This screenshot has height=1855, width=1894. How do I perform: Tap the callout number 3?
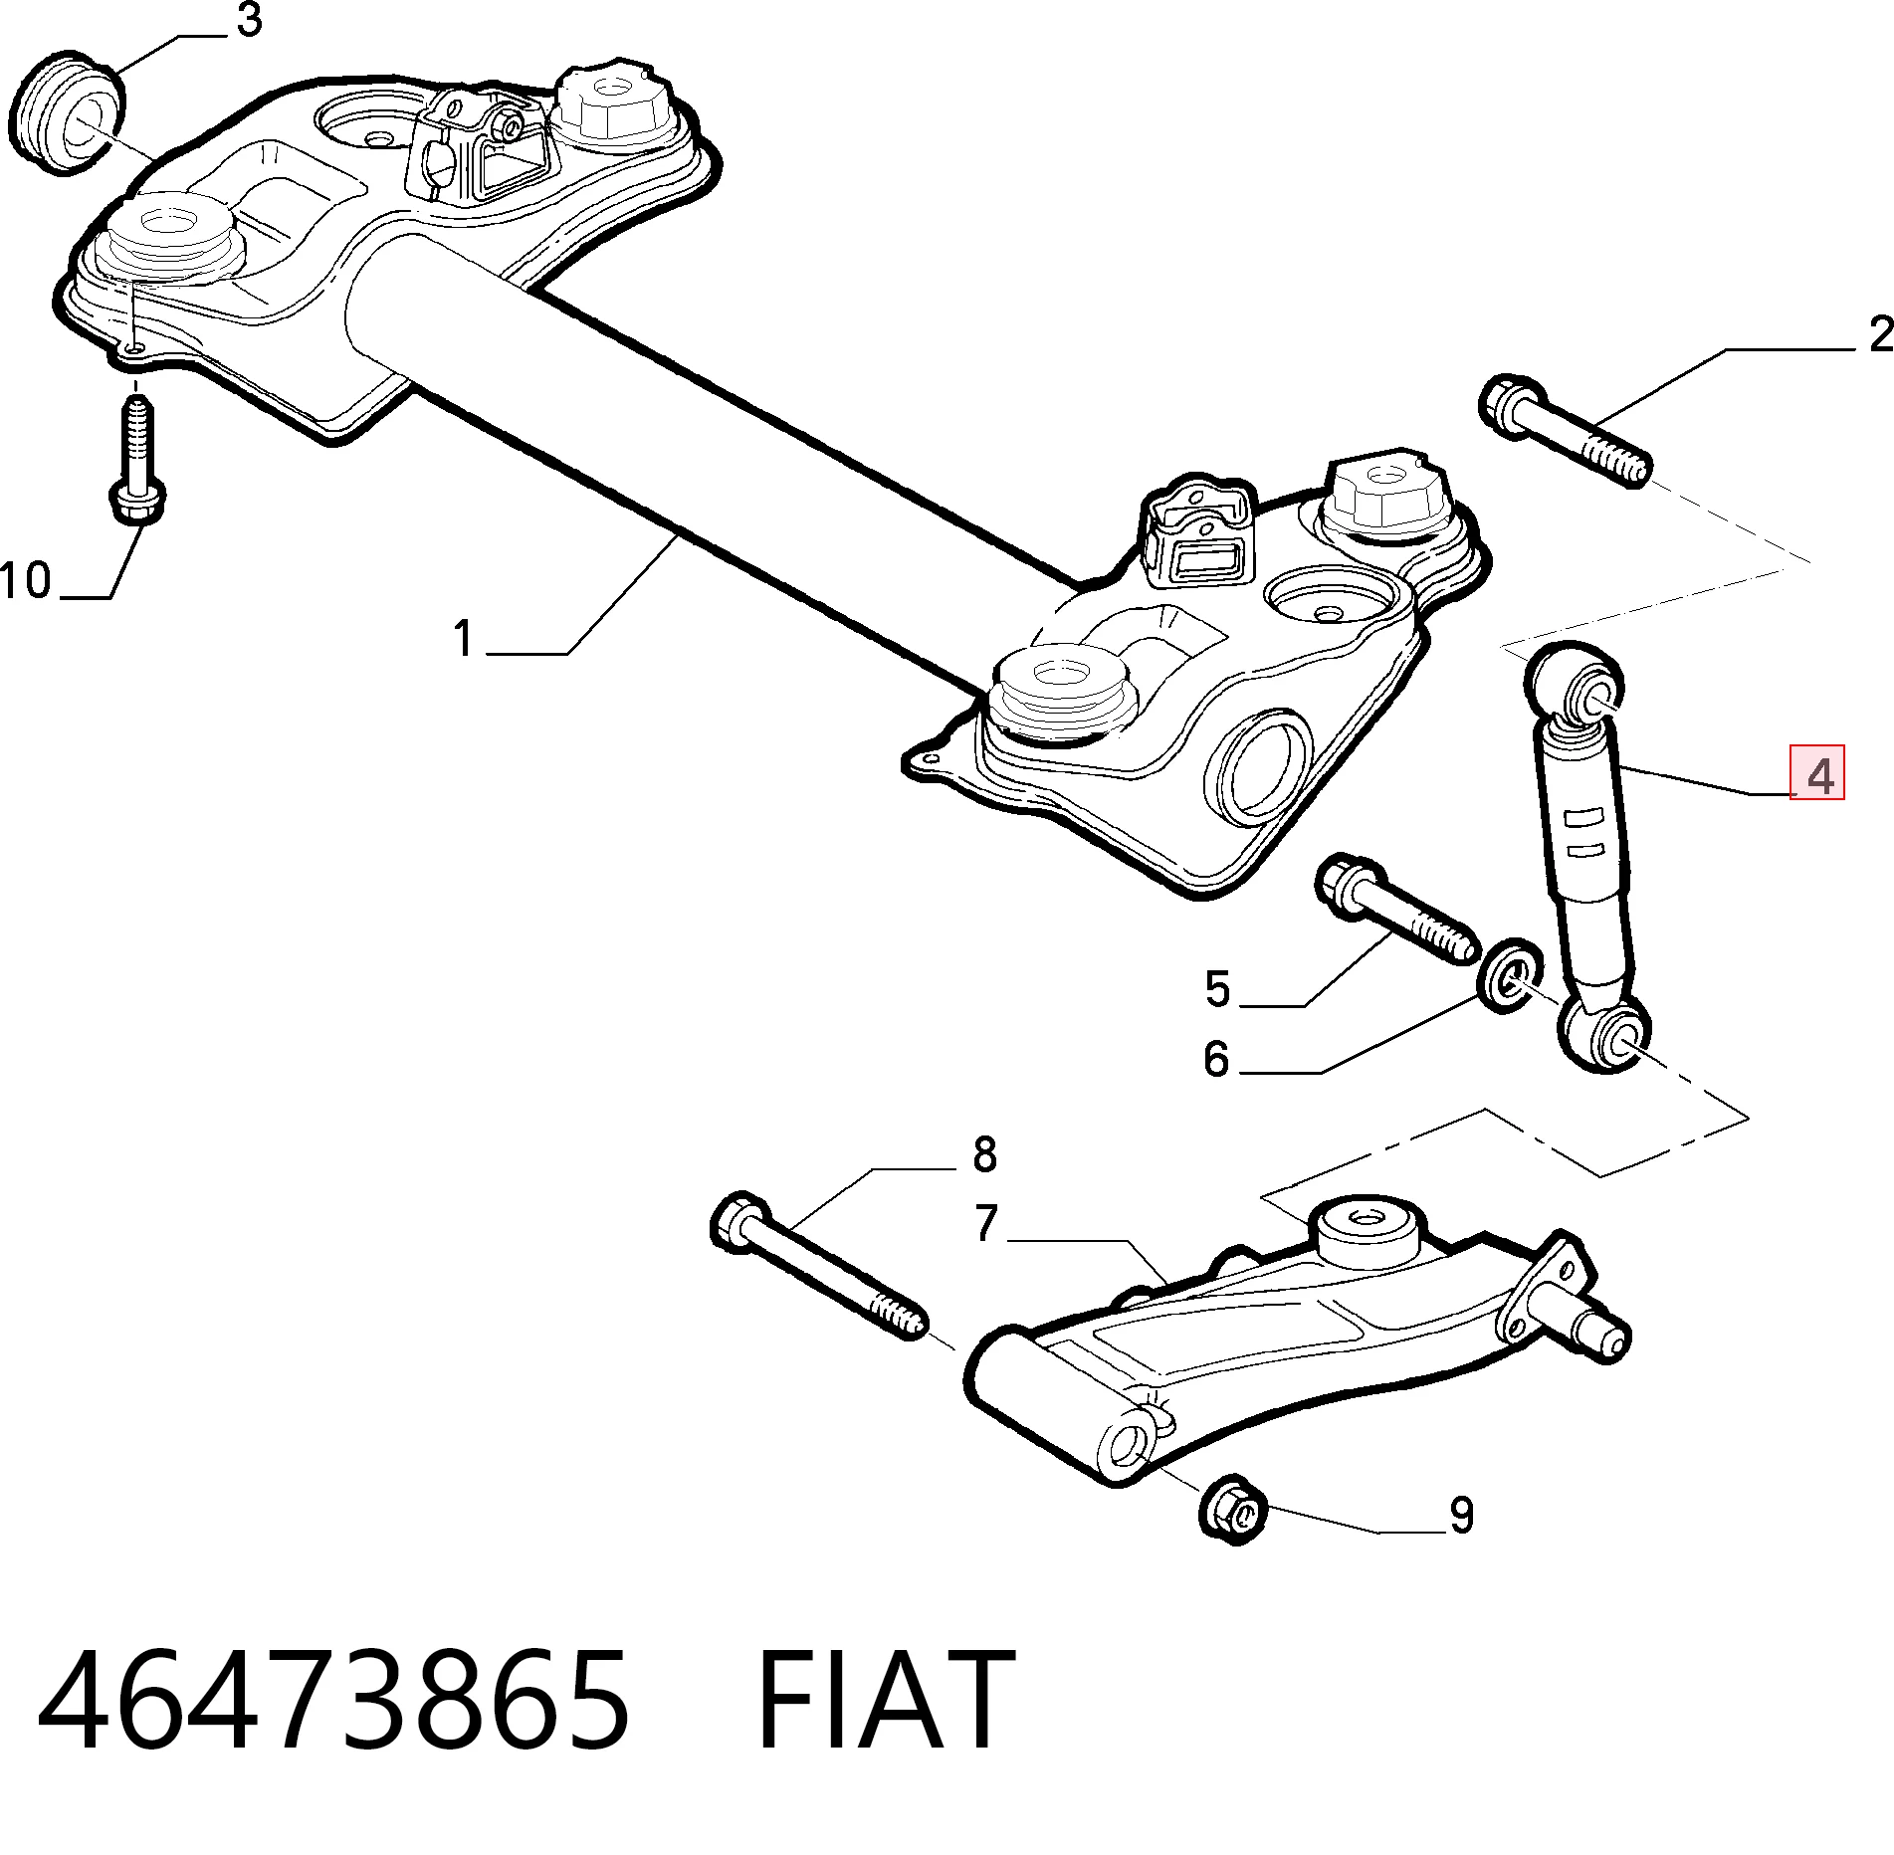click(x=248, y=20)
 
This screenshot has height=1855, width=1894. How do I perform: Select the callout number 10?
click(x=27, y=579)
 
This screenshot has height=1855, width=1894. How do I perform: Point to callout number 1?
click(x=462, y=638)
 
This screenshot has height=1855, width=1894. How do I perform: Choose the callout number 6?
click(x=1217, y=1059)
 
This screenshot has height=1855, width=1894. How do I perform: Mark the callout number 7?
click(x=986, y=1224)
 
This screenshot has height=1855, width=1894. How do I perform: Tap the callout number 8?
click(x=983, y=1154)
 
